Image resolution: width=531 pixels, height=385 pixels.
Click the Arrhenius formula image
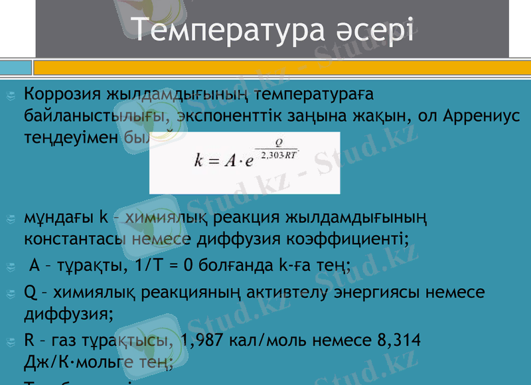[244, 162]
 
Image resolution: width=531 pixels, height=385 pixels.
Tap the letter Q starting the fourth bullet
[30, 292]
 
